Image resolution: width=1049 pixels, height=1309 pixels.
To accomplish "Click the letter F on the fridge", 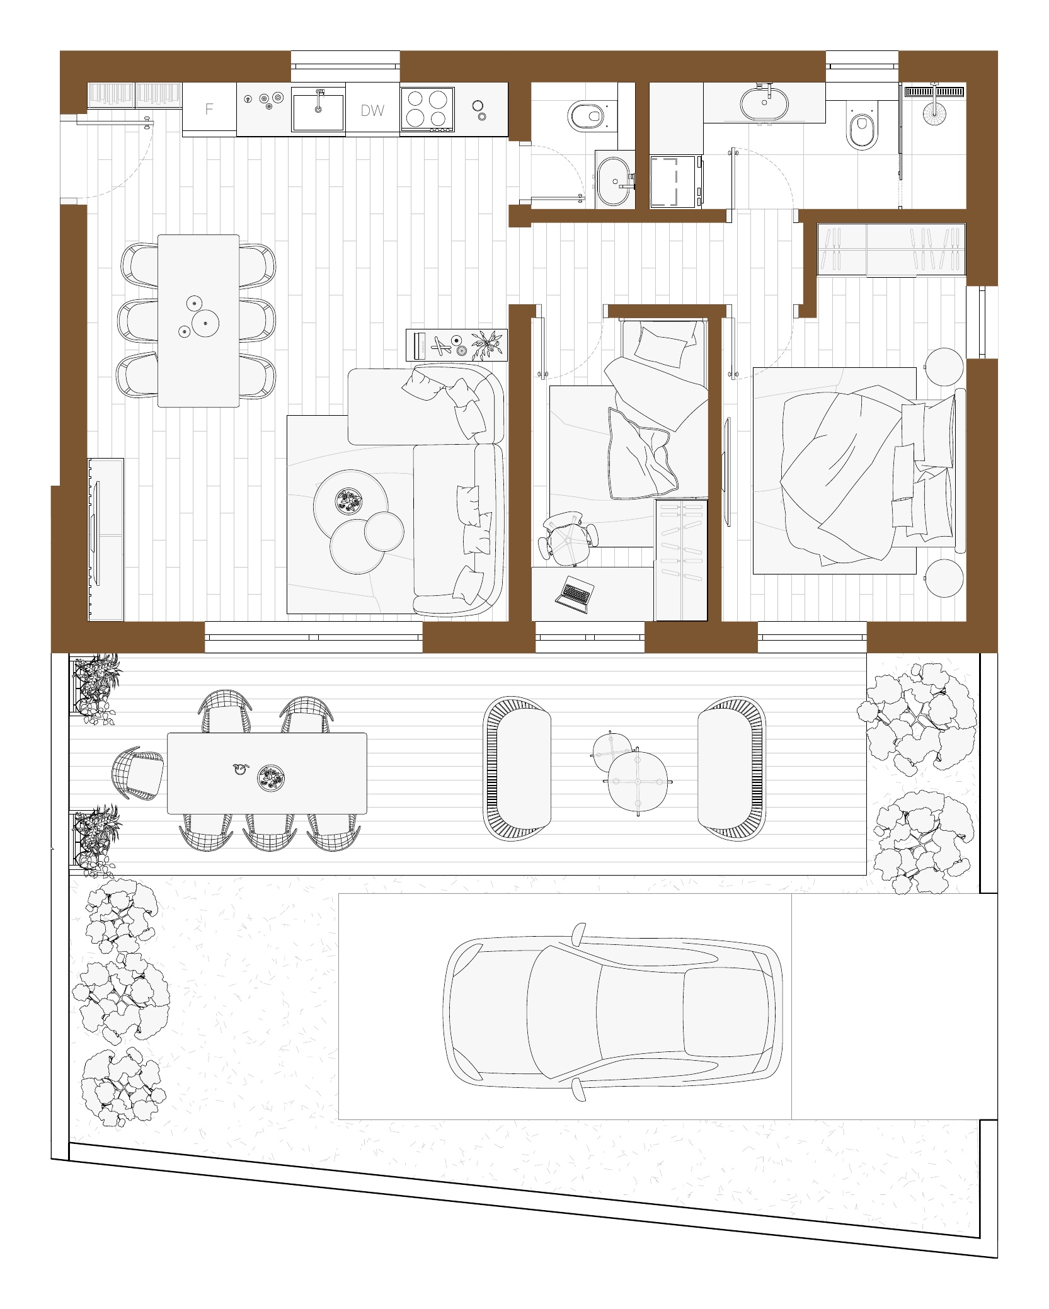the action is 209,109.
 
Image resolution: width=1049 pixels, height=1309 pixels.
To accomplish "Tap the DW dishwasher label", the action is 372,111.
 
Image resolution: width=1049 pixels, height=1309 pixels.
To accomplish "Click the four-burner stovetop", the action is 427,109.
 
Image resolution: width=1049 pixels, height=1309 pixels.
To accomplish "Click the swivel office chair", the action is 568,536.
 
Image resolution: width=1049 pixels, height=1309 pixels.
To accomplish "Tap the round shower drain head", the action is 934,113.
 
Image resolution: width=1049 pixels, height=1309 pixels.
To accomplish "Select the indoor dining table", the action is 198,321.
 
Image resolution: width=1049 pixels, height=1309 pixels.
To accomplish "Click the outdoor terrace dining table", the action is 267,773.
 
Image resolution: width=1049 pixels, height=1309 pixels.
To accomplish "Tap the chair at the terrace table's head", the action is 136,773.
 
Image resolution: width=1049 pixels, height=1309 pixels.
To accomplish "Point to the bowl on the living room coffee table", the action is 348,500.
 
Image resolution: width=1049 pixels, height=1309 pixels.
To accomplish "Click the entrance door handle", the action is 148,122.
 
